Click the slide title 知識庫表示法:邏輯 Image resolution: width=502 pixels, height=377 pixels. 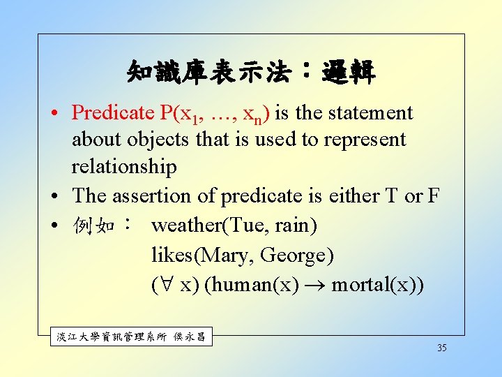point(251,71)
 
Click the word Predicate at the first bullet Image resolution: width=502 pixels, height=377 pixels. point(114,112)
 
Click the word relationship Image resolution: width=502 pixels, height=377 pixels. point(124,167)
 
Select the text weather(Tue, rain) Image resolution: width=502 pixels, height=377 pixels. point(234,226)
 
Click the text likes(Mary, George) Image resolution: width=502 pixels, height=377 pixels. point(243,256)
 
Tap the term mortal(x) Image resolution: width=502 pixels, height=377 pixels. point(376,286)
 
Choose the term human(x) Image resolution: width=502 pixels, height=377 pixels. point(252,286)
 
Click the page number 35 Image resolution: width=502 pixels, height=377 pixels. point(442,348)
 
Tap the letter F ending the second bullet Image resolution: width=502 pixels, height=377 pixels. point(433,196)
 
